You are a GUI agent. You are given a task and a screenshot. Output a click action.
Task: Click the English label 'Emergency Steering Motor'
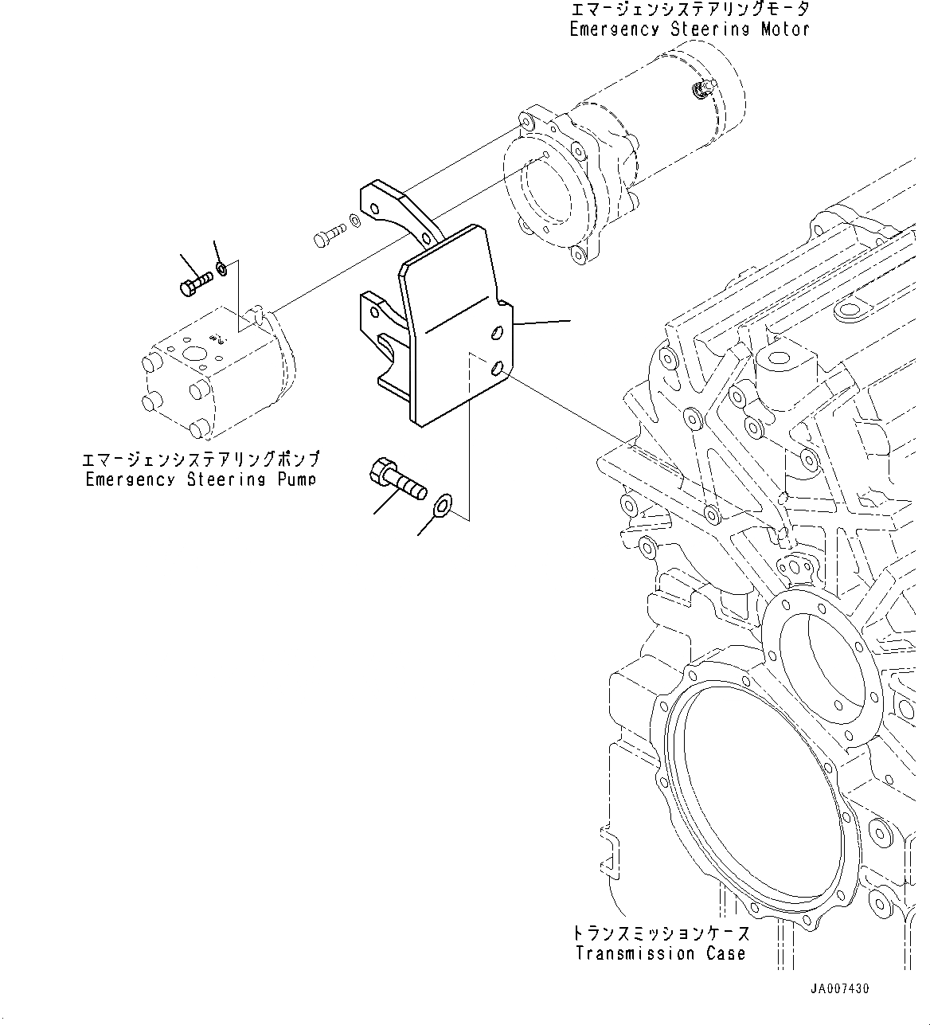[690, 29]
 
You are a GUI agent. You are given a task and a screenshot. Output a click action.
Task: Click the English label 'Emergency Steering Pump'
[201, 479]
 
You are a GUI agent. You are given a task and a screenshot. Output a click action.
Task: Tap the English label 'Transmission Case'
[660, 953]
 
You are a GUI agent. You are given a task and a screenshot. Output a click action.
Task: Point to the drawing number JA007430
[839, 988]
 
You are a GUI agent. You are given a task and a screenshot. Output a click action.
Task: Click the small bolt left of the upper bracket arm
[328, 234]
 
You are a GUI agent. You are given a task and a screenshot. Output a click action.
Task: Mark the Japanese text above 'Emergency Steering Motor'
[690, 10]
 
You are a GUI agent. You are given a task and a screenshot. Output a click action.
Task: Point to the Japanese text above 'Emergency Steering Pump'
[201, 460]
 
